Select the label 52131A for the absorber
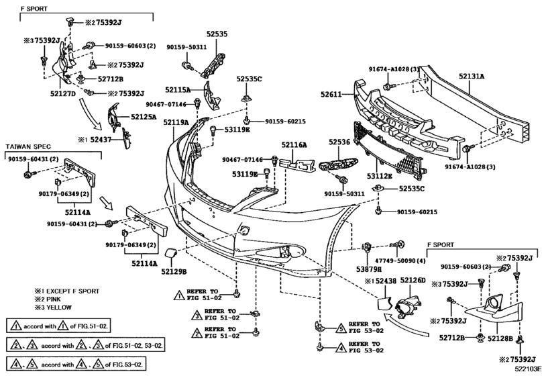472,77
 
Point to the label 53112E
379,177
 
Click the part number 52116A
294,144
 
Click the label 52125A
144,117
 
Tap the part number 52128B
500,338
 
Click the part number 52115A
178,89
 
